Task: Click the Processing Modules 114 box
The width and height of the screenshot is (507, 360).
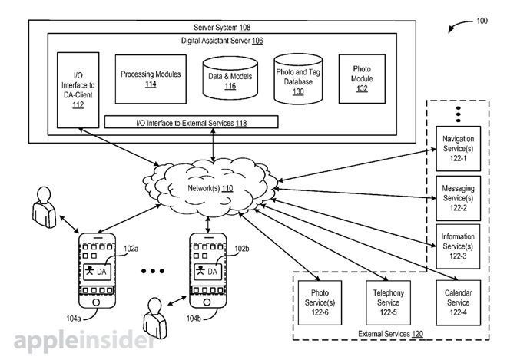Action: (x=151, y=78)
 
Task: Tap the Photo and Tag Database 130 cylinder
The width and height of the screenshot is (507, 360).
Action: (x=297, y=79)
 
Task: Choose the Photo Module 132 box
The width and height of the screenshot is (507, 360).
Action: (x=357, y=79)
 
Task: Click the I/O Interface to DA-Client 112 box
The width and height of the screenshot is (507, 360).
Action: (x=78, y=89)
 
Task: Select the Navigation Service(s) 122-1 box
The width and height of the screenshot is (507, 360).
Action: (x=459, y=147)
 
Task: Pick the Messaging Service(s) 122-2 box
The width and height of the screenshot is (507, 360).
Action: (x=459, y=197)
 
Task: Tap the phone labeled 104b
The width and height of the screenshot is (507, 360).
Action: (x=208, y=269)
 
